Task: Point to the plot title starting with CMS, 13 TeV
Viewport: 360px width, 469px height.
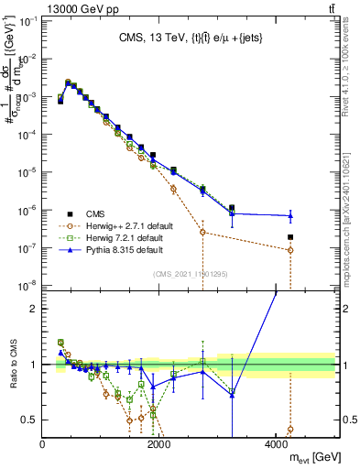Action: pyautogui.click(x=191, y=38)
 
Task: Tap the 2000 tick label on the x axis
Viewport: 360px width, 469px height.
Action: pyautogui.click(x=159, y=442)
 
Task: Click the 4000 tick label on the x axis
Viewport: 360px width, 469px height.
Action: pyautogui.click(x=276, y=442)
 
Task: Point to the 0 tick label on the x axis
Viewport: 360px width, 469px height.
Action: pyautogui.click(x=42, y=442)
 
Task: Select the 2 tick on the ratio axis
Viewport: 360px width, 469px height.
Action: pyautogui.click(x=34, y=309)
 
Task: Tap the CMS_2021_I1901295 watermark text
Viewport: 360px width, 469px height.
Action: pyautogui.click(x=191, y=273)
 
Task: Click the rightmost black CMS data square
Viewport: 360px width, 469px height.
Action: pyautogui.click(x=290, y=237)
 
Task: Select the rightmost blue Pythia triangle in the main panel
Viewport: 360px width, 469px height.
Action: pyautogui.click(x=290, y=216)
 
